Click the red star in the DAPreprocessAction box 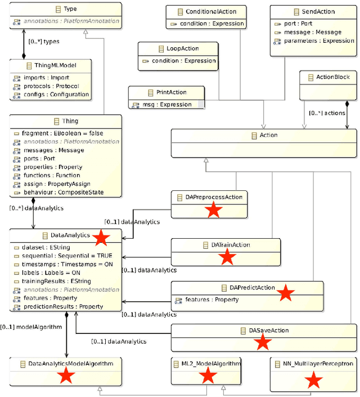pyautogui.click(x=213, y=211)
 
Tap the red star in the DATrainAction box pyautogui.click(x=227, y=257)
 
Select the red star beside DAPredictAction pyautogui.click(x=286, y=292)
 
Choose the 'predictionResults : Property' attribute pyautogui.click(x=62, y=306)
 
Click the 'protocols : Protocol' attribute pyautogui.click(x=51, y=86)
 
